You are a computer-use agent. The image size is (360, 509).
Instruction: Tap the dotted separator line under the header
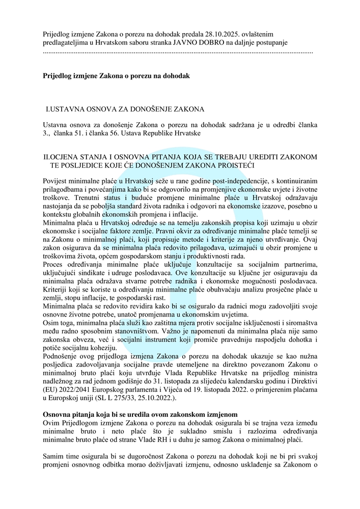pyautogui.click(x=178, y=52)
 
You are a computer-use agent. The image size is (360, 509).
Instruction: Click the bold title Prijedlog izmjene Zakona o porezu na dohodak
pyautogui.click(x=116, y=76)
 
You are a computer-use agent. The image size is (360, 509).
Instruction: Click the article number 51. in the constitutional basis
pyautogui.click(x=81, y=133)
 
